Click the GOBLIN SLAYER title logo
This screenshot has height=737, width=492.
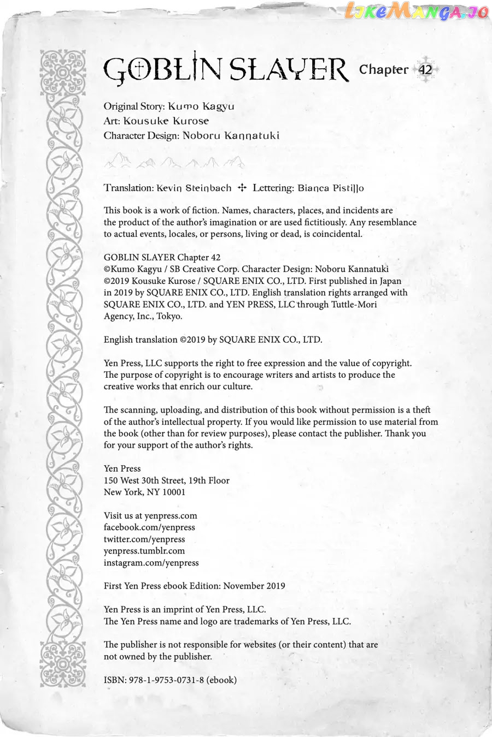pos(225,70)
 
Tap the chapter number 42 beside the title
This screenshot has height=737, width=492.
pos(425,70)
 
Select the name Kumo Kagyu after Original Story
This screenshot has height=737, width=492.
pos(201,106)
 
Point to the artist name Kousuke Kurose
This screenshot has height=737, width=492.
pos(166,121)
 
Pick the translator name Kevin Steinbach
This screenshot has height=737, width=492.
pos(194,188)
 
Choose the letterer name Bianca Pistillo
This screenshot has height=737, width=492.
pos(331,188)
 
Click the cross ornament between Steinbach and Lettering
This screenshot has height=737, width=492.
pos(242,188)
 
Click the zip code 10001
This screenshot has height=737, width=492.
pos(174,492)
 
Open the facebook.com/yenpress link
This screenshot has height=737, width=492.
pos(149,527)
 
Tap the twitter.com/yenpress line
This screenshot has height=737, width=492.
pos(144,539)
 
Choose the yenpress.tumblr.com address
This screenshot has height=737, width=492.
pos(144,551)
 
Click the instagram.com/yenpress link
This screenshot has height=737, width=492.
pos(151,563)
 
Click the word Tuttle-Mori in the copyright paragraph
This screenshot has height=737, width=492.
pos(354,305)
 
